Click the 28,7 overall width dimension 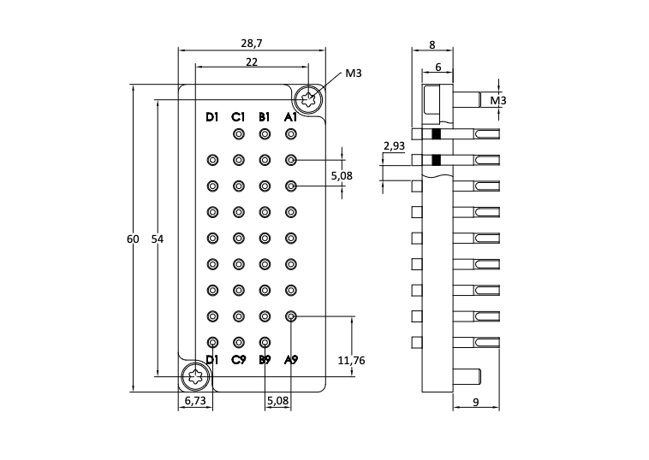[x=252, y=42]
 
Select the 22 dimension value [x=252, y=62]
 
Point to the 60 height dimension [x=133, y=239]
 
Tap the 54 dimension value [x=157, y=239]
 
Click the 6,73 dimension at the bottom [x=195, y=400]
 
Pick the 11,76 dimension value [x=352, y=361]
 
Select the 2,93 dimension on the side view [x=394, y=146]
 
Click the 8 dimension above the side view [x=432, y=44]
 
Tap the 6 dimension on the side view [x=438, y=67]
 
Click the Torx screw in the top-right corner [x=311, y=99]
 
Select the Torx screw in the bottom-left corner [x=194, y=377]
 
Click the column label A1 [x=290, y=116]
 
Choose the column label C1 [x=238, y=116]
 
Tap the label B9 [x=265, y=360]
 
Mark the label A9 [x=290, y=360]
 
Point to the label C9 [x=238, y=360]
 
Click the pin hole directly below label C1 [x=238, y=133]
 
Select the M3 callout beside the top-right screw [x=353, y=74]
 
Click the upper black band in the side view [x=436, y=134]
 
